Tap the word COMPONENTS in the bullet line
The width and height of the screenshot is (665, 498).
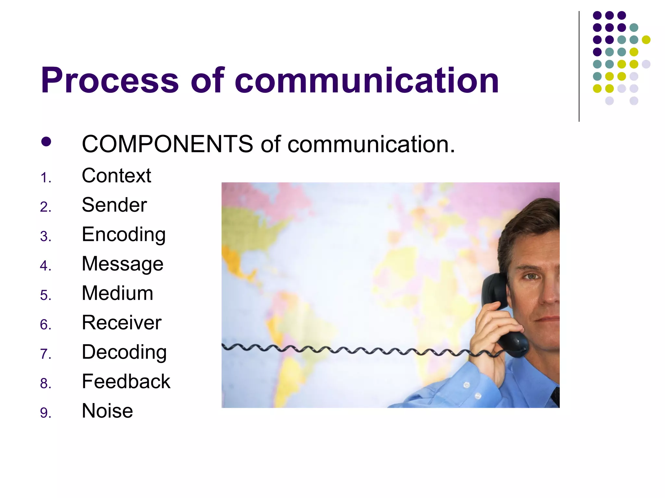[x=167, y=144]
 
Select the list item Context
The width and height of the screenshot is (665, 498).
[x=116, y=176]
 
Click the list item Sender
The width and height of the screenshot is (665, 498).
[x=114, y=205]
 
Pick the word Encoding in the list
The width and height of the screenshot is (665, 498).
[x=124, y=235]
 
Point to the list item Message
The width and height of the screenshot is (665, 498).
[x=122, y=264]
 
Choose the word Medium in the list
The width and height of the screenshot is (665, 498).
[x=117, y=293]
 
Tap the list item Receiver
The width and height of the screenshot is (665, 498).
[x=121, y=323]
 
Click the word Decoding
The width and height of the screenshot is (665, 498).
[x=124, y=352]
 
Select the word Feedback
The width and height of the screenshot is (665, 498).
[x=126, y=382]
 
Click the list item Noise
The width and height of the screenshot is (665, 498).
[x=107, y=411]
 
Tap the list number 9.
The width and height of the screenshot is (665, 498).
[x=45, y=413]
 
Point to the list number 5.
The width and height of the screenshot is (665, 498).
[x=45, y=295]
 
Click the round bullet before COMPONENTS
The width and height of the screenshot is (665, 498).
[x=46, y=142]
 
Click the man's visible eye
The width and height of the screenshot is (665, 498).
[x=531, y=276]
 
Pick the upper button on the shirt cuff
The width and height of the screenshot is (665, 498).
[x=467, y=385]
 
